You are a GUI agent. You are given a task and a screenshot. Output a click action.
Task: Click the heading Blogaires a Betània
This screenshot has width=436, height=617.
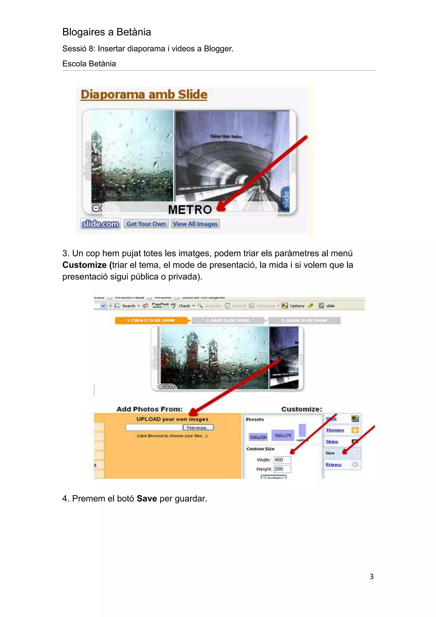pyautogui.click(x=107, y=32)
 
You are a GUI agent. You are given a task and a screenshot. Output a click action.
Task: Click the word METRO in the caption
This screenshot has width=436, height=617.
pyautogui.click(x=190, y=210)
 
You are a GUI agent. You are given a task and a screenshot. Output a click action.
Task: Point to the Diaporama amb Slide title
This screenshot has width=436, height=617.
pyautogui.click(x=144, y=94)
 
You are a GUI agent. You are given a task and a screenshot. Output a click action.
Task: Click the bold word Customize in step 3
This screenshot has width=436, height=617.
pyautogui.click(x=85, y=265)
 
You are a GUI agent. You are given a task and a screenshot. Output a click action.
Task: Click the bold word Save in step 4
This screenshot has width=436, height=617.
pyautogui.click(x=147, y=499)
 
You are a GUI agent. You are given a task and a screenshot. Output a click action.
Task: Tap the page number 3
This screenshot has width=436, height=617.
pyautogui.click(x=371, y=577)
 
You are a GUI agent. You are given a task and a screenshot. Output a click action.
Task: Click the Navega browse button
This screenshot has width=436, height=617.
pyautogui.click(x=198, y=428)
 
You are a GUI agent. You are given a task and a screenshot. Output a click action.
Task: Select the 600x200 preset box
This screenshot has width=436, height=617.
pyautogui.click(x=258, y=437)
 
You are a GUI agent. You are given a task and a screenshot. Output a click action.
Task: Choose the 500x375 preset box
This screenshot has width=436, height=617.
pyautogui.click(x=283, y=435)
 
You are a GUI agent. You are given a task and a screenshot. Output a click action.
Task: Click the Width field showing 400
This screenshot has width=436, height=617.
pyautogui.click(x=282, y=460)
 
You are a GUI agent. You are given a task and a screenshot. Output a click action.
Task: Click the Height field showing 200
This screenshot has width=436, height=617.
pyautogui.click(x=282, y=469)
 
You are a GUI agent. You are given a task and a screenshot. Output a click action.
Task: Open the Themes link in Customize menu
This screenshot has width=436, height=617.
pyautogui.click(x=335, y=430)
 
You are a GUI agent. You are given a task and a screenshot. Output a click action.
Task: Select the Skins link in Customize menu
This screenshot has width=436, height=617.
pyautogui.click(x=332, y=441)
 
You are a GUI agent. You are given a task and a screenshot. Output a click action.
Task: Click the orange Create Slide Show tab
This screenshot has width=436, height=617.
pyautogui.click(x=151, y=320)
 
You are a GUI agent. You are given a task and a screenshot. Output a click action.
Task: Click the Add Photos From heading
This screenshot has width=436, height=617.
pyautogui.click(x=149, y=409)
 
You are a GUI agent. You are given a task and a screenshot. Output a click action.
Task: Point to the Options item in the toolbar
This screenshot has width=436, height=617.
pyautogui.click(x=297, y=306)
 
